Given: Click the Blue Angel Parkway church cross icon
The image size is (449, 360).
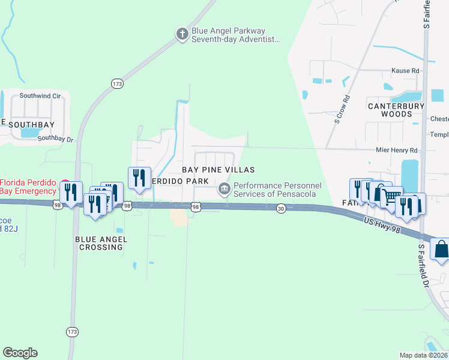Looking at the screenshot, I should pyautogui.click(x=182, y=34).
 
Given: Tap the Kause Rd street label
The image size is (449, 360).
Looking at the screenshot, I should pyautogui.click(x=405, y=71).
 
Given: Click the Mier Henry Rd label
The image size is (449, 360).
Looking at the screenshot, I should pyautogui.click(x=396, y=150).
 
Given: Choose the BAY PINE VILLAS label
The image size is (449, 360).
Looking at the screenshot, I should pyautogui.click(x=214, y=170).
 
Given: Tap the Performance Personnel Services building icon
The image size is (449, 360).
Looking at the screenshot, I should pyautogui.click(x=224, y=189).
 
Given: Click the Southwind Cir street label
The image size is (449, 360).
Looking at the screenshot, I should pyautogui.click(x=40, y=95).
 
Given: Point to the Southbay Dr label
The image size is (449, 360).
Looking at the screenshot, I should pyautogui.click(x=55, y=139).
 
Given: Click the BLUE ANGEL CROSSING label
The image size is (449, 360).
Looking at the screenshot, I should pyautogui.click(x=101, y=243).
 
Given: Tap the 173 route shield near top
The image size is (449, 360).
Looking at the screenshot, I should pyautogui.click(x=116, y=84).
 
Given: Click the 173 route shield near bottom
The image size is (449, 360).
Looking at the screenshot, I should pyautogui.click(x=72, y=331).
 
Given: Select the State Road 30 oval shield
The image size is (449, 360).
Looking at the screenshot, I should pyautogui.click(x=281, y=208).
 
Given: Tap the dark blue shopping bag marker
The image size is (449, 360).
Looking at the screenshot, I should pyautogui.click(x=441, y=249).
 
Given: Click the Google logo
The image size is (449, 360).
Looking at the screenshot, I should pyautogui.click(x=20, y=353).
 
